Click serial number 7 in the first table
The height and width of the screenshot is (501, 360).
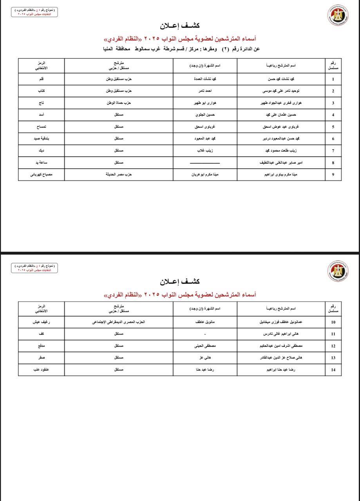[x=333, y=151]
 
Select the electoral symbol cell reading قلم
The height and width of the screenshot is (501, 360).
[x=41, y=79]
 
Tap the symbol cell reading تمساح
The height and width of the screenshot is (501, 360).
[x=41, y=127]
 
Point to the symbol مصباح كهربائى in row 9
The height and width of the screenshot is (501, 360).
[x=41, y=175]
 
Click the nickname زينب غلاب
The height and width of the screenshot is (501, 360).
[x=205, y=151]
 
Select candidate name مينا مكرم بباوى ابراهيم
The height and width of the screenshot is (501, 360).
[x=281, y=175]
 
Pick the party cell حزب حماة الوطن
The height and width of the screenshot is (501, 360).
[x=119, y=103]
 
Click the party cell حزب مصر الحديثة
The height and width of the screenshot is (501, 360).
[x=119, y=175]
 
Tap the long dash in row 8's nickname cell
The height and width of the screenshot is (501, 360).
[x=205, y=163]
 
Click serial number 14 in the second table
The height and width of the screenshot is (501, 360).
[x=333, y=370]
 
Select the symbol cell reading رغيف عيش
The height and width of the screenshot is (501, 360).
[x=41, y=322]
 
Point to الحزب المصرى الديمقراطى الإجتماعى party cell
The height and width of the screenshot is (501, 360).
[x=119, y=322]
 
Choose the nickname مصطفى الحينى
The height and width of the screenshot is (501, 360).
[x=205, y=346]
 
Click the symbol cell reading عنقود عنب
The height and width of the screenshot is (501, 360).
[x=41, y=370]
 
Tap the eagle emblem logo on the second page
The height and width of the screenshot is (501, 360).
[x=338, y=270]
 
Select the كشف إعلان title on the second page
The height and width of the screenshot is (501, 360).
[x=180, y=281]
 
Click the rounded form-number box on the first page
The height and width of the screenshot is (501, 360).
[x=34, y=12]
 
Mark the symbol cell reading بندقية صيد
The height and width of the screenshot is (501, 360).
[x=41, y=139]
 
